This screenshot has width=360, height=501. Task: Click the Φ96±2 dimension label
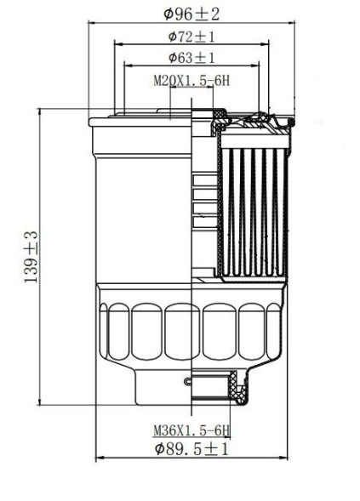[191, 14]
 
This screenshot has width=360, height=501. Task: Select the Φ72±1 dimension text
[191, 37]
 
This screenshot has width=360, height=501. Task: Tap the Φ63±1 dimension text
[191, 58]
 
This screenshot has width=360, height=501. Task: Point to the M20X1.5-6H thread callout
[191, 81]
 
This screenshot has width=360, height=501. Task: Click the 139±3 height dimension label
[31, 257]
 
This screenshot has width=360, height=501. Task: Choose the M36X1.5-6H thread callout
[191, 430]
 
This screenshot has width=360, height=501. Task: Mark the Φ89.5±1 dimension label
[191, 449]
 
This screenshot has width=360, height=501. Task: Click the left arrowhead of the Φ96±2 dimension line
[92, 23]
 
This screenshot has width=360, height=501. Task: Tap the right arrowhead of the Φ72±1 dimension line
[265, 44]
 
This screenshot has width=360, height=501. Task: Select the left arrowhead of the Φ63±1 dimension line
[128, 65]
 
